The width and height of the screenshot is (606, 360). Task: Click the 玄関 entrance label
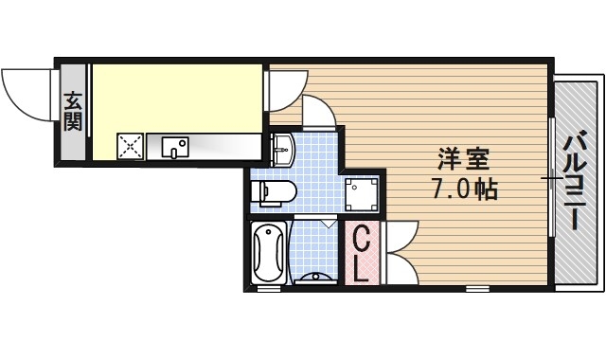[x=73, y=111]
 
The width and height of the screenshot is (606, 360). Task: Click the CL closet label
[x=361, y=253]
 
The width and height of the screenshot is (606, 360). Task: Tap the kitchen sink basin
[x=175, y=147]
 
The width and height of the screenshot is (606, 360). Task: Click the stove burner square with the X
[x=130, y=147]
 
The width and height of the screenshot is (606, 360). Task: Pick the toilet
[x=274, y=193]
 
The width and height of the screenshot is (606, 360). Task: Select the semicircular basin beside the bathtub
[x=313, y=278]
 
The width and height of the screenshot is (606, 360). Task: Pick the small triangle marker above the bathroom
[x=327, y=224]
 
